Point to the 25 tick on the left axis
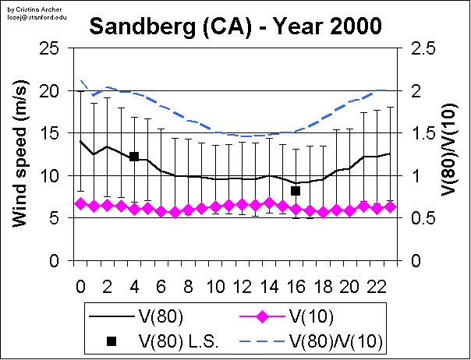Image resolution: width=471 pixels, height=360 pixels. pyautogui.click(x=51, y=48)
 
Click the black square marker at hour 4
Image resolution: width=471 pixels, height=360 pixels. pyautogui.click(x=134, y=157)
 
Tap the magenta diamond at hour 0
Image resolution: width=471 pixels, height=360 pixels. pyautogui.click(x=80, y=204)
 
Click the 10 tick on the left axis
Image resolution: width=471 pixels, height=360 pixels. pyautogui.click(x=51, y=175)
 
